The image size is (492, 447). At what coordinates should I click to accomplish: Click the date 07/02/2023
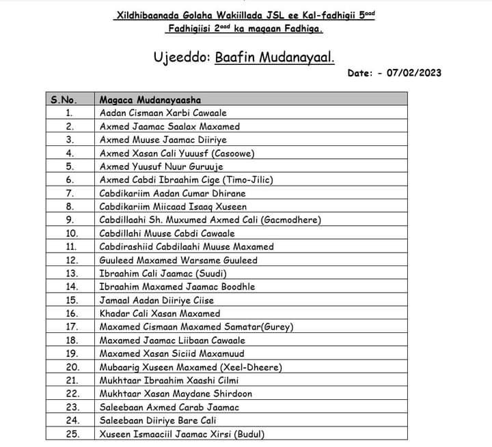click(x=414, y=73)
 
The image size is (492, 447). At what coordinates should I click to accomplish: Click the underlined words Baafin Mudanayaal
click(x=275, y=57)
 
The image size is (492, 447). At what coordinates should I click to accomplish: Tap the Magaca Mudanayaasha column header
click(x=150, y=100)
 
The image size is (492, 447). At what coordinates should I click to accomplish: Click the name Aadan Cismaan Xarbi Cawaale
click(x=163, y=113)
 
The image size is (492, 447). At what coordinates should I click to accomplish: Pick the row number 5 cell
click(x=69, y=167)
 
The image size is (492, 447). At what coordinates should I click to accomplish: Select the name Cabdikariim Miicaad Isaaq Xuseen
click(x=173, y=206)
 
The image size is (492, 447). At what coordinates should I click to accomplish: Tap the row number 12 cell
click(x=69, y=260)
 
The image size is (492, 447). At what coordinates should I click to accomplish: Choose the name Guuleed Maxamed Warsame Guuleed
click(x=178, y=260)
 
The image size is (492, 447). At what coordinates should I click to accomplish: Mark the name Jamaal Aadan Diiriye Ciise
click(x=156, y=300)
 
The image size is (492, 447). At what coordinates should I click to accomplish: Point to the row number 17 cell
click(x=69, y=327)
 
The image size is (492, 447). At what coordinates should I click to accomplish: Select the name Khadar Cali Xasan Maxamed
click(x=160, y=313)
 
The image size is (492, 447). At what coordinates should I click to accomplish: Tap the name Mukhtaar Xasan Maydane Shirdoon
click(x=176, y=394)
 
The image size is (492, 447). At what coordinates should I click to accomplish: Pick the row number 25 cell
click(x=69, y=434)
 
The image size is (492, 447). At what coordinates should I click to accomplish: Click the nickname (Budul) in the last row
click(x=249, y=434)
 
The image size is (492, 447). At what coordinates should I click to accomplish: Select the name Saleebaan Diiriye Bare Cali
click(x=158, y=420)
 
